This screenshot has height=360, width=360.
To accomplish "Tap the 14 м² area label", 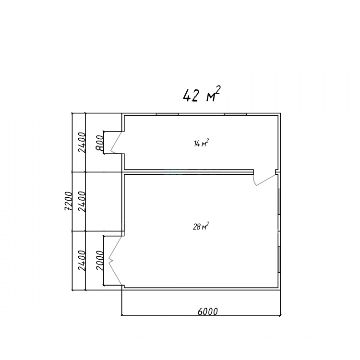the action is (201, 143).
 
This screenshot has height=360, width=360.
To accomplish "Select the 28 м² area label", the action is (201, 226).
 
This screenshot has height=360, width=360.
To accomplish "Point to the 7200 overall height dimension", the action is (69, 201).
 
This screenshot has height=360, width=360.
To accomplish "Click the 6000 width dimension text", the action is (207, 312).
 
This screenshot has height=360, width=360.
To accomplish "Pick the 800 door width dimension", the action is (100, 143).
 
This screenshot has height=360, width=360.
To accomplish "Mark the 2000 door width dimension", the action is (100, 260).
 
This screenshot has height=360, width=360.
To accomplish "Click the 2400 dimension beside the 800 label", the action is (82, 143).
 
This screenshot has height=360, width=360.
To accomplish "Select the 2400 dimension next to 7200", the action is (82, 202).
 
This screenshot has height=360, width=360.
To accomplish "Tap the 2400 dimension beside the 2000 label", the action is (82, 261).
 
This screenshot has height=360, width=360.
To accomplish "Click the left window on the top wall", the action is (168, 114).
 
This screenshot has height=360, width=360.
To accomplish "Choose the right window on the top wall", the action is (235, 114).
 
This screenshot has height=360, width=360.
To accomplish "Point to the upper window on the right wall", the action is (279, 202).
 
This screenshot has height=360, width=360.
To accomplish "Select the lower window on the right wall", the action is (279, 260).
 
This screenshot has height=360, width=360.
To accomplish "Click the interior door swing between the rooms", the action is (264, 180).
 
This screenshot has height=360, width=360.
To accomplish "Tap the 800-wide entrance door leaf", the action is (117, 143).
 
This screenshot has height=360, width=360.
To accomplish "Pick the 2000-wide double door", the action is (115, 261).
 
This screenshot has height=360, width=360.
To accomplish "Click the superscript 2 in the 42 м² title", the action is (218, 90).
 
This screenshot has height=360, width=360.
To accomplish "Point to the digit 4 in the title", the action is (187, 96).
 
